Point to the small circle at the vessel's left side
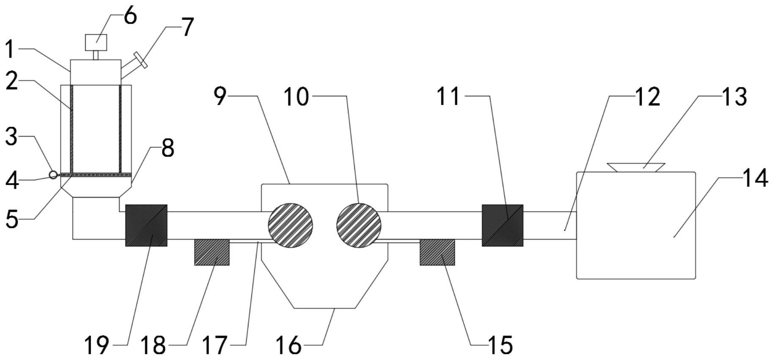[53, 174]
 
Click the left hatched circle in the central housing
[291, 225]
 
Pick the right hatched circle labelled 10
[359, 225]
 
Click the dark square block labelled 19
[146, 225]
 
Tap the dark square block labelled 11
[502, 225]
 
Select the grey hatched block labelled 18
[212, 252]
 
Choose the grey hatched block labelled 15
[437, 252]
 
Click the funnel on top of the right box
[635, 167]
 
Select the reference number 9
[220, 97]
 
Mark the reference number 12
[647, 97]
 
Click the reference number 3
[11, 137]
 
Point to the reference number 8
[167, 149]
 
